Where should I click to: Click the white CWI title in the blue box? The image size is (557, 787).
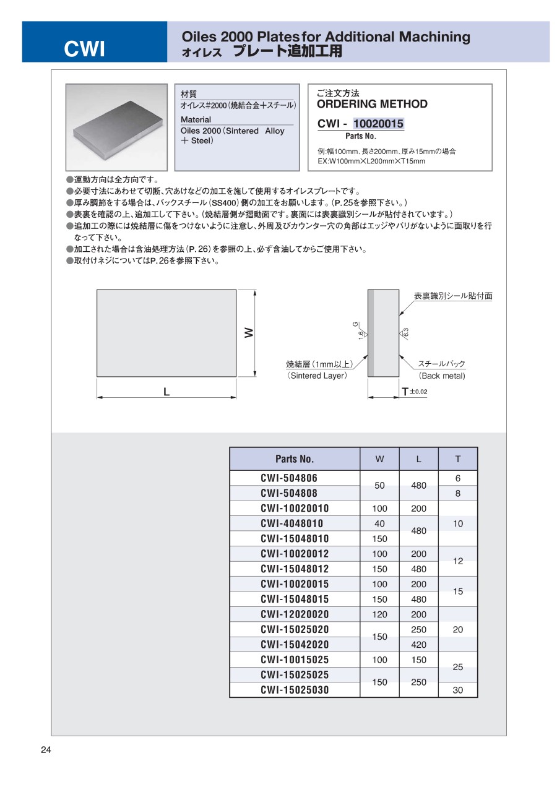click(85, 49)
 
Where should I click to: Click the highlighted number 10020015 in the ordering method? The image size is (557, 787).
click(378, 124)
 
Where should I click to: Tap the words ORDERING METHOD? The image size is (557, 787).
click(372, 104)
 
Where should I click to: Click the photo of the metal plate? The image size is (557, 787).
click(117, 127)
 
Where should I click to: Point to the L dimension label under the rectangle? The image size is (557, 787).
click(166, 392)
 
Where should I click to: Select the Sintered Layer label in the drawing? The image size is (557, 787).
click(317, 376)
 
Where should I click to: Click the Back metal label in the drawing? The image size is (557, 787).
click(442, 376)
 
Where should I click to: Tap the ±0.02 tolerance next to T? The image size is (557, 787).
click(418, 392)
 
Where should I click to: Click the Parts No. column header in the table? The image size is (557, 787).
click(295, 459)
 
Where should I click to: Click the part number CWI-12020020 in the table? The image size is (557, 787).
click(295, 614)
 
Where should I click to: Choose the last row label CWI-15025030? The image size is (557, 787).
click(295, 690)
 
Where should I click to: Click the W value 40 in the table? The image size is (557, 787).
click(379, 523)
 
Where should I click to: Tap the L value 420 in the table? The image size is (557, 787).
click(418, 645)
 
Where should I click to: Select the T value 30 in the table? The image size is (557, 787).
click(458, 690)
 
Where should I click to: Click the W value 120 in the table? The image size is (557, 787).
click(379, 614)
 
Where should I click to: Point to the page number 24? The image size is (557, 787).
click(46, 750)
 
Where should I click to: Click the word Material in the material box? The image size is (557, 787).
click(196, 119)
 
